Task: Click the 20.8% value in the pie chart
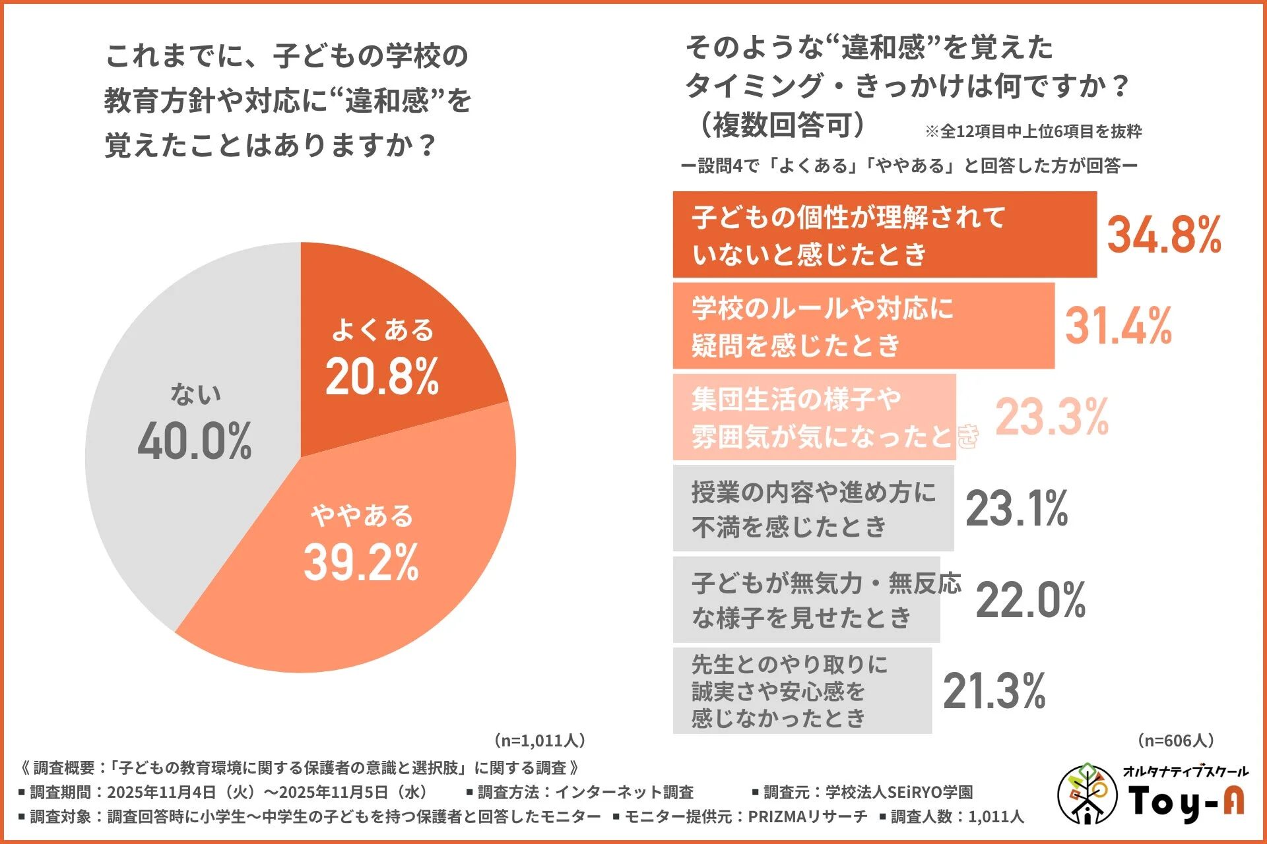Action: point(382,377)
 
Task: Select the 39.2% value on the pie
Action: point(361,562)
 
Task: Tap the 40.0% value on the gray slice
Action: point(195,441)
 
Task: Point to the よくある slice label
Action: point(383,330)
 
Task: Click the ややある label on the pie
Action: point(362,516)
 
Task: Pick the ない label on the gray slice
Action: point(195,394)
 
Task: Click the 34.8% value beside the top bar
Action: point(1164,235)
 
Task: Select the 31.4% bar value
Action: point(1119,326)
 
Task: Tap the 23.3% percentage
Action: point(1052,417)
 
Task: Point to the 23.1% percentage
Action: point(1016,508)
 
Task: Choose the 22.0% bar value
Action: point(1030,600)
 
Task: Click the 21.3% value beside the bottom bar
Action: point(994,691)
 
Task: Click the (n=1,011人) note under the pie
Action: point(539,740)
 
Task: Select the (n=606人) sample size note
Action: point(1175,740)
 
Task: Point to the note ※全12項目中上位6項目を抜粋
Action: point(1033,131)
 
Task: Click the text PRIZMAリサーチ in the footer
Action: point(807,816)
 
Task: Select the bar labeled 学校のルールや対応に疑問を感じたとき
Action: point(863,326)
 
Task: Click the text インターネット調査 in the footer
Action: point(624,792)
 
